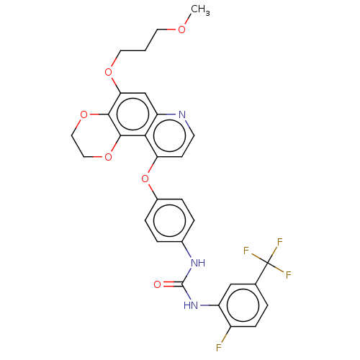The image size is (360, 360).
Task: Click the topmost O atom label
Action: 181,30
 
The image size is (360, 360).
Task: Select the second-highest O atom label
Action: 109,72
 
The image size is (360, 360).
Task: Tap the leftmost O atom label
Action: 84,114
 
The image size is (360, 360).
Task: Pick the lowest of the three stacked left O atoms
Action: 108,157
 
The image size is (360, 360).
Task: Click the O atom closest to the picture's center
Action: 145,179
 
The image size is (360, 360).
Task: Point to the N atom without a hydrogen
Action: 181,114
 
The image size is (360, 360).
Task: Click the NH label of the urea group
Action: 197,263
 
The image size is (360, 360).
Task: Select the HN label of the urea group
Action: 191,305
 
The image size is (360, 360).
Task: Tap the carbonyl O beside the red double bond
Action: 157,284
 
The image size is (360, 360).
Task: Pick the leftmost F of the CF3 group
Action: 246,251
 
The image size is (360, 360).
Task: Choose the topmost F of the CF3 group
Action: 279,243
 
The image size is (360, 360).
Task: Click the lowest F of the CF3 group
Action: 288,275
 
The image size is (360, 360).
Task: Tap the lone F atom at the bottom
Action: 218,348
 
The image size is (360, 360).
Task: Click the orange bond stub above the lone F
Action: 224,337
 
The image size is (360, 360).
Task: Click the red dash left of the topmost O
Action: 171,30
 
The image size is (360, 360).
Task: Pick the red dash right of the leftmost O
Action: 94,114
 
